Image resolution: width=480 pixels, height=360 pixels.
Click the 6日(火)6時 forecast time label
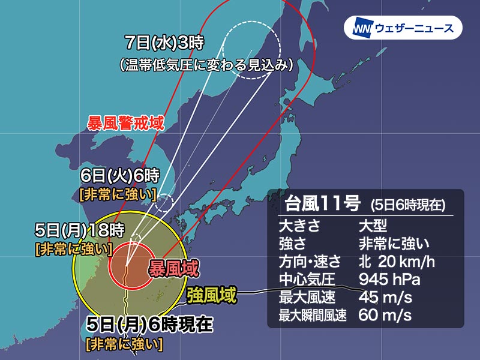[x=120, y=176]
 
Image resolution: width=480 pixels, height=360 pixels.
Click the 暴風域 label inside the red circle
[x=173, y=268]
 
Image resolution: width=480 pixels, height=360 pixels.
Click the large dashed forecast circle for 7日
[x=252, y=49]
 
